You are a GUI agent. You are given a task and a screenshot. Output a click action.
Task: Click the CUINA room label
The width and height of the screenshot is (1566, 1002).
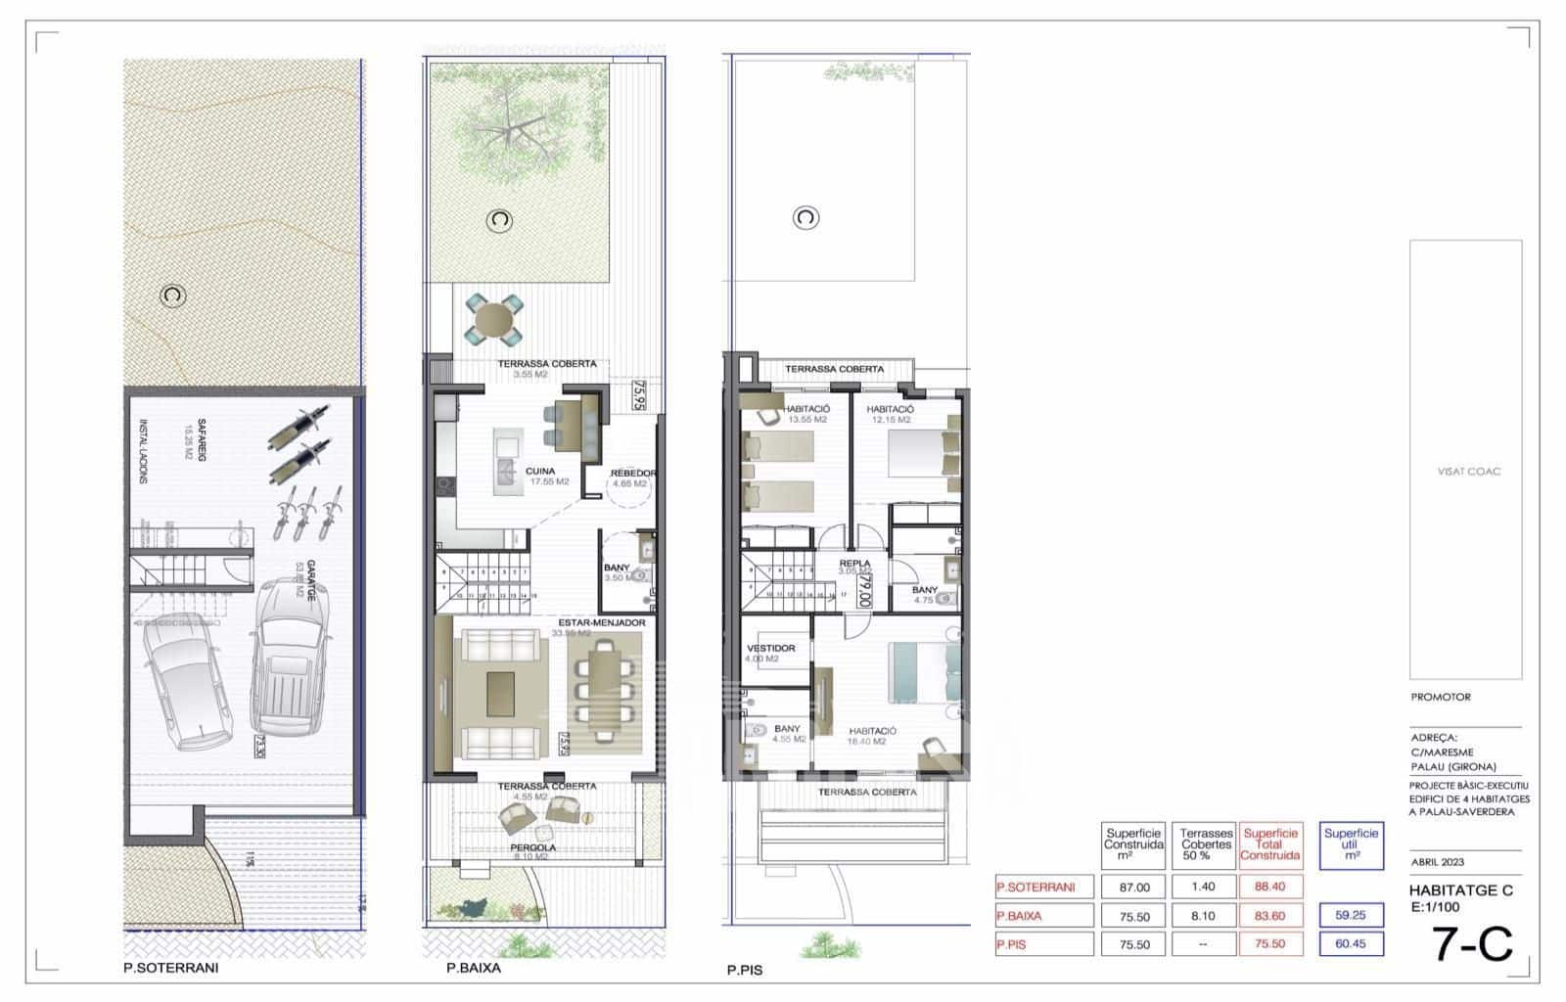pyautogui.click(x=539, y=471)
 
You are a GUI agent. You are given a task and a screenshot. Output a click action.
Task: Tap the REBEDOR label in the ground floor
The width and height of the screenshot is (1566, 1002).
pyautogui.click(x=633, y=474)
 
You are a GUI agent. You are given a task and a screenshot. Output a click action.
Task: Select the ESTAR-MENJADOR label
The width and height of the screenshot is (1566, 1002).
pyautogui.click(x=601, y=622)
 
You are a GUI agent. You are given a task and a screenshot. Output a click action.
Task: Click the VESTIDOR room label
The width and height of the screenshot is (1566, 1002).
pyautogui.click(x=770, y=648)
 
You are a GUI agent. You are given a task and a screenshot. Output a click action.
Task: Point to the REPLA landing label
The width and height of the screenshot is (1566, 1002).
pyautogui.click(x=854, y=565)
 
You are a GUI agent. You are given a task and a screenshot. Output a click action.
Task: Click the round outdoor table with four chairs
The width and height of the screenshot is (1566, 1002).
pyautogui.click(x=493, y=321)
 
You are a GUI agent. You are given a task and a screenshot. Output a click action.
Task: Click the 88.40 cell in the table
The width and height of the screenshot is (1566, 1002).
pyautogui.click(x=1270, y=887)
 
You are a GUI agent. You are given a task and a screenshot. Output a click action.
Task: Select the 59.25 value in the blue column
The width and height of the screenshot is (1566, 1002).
pyautogui.click(x=1351, y=916)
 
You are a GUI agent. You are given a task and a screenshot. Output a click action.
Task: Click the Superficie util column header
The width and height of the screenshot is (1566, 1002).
pyautogui.click(x=1351, y=844)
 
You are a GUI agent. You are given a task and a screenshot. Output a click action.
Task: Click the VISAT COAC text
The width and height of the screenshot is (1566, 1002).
pyautogui.click(x=1468, y=472)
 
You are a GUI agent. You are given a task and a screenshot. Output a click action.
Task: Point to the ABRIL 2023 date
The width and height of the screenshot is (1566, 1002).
pyautogui.click(x=1438, y=862)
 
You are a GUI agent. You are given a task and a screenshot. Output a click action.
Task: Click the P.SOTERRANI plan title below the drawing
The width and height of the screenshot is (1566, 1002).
pyautogui.click(x=171, y=968)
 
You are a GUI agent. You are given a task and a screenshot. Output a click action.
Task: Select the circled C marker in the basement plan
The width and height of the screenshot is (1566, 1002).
pyautogui.click(x=173, y=295)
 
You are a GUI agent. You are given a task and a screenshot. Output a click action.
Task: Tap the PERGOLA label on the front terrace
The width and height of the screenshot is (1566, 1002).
pyautogui.click(x=532, y=847)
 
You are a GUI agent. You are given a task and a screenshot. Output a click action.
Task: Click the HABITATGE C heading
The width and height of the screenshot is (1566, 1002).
pyautogui.click(x=1460, y=890)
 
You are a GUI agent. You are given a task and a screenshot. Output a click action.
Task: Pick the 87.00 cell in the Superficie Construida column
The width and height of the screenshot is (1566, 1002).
pyautogui.click(x=1133, y=887)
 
